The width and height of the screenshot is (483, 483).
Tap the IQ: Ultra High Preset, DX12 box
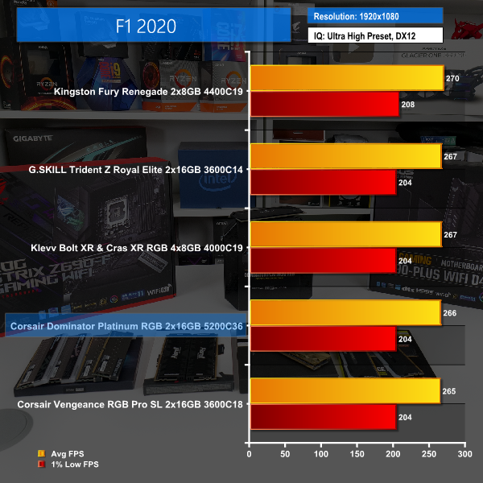(x=375, y=35)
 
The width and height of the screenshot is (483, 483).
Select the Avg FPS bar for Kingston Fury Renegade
(x=347, y=78)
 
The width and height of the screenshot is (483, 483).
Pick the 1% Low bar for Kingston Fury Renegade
(x=324, y=105)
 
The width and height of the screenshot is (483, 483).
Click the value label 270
(x=452, y=79)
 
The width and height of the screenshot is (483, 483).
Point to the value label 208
(x=407, y=105)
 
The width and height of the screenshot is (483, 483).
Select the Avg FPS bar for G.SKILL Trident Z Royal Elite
(x=345, y=156)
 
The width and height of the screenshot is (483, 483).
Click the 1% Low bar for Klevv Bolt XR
(x=323, y=261)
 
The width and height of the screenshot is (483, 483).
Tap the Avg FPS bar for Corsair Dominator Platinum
(x=345, y=312)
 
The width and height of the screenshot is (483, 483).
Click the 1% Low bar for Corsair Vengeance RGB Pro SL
(x=323, y=417)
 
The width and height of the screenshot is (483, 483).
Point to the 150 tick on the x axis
(x=357, y=455)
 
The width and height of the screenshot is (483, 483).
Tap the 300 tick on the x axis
(x=464, y=455)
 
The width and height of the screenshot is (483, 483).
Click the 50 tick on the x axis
(x=286, y=455)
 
